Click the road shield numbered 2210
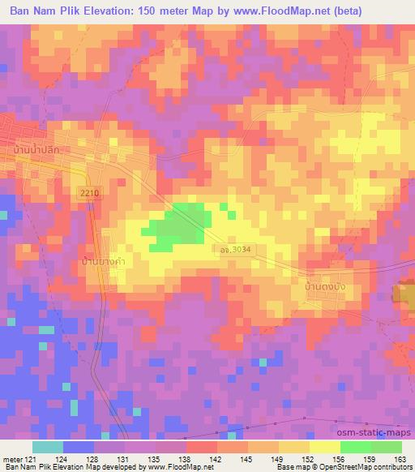pos(92,191)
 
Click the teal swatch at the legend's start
pos(47,447)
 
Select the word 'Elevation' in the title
pos(113,11)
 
